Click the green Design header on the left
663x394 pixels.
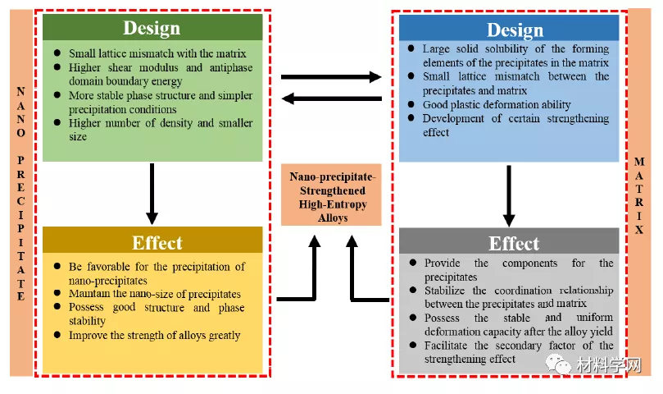pos(152,27)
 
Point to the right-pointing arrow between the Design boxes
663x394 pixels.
pos(331,77)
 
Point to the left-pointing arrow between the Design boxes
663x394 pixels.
pos(331,98)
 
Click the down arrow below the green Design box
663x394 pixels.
pos(152,193)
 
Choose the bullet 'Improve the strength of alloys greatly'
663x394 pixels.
pos(154,335)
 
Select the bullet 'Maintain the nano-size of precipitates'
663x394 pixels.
pos(154,294)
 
